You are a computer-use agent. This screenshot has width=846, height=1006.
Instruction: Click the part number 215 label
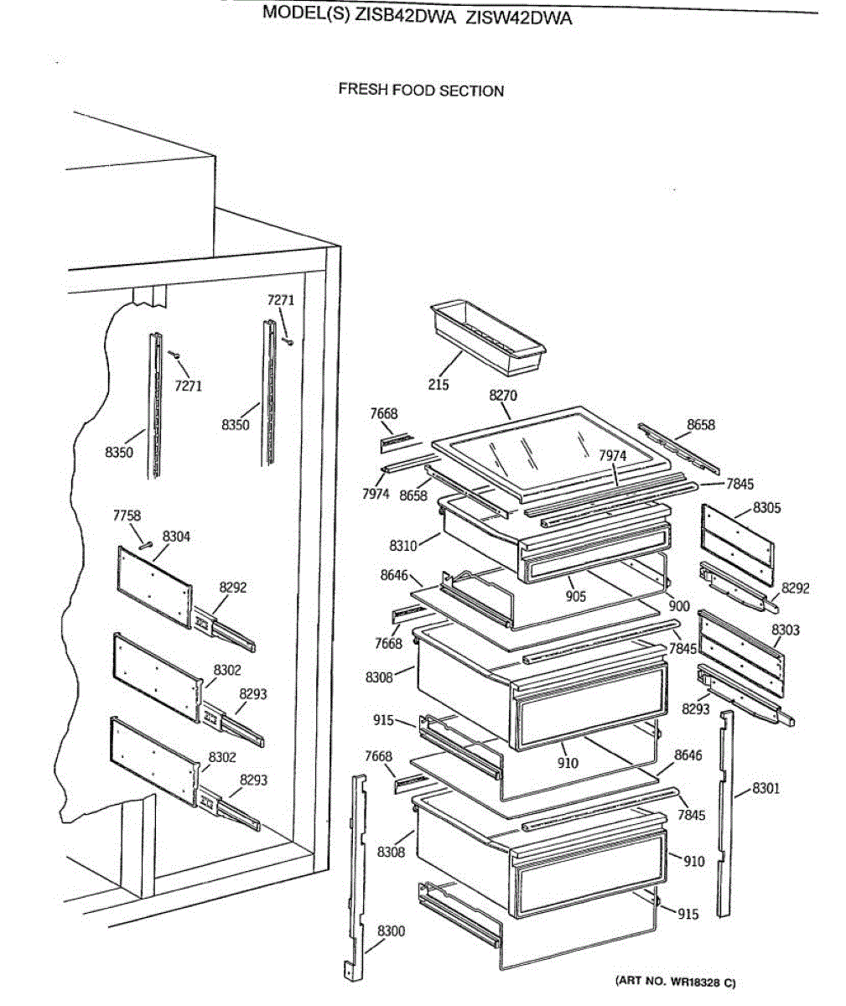pos(438,385)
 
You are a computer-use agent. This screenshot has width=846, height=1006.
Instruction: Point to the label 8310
pos(402,547)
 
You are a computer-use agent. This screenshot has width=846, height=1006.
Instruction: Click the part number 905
pos(575,597)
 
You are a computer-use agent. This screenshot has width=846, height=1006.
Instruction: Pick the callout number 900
pos(679,606)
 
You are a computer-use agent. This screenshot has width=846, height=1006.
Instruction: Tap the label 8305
pos(766,507)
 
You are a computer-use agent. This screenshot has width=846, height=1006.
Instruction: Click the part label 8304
pos(176,537)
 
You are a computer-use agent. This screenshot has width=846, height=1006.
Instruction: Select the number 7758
pos(127,516)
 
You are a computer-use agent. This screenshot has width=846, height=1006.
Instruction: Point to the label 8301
pos(766,788)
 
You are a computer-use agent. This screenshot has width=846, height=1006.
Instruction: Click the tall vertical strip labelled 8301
pos(724,813)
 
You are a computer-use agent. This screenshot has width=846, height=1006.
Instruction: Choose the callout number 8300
pos(391,931)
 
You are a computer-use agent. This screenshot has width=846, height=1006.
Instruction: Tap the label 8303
pos(786,630)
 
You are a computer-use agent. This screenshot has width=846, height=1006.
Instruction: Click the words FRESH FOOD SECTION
pos(421,90)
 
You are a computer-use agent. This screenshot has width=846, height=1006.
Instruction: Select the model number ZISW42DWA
pos(519,18)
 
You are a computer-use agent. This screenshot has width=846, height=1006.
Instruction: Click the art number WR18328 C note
pos(675,981)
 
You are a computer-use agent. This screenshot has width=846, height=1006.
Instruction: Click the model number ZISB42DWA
pos(406,17)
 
